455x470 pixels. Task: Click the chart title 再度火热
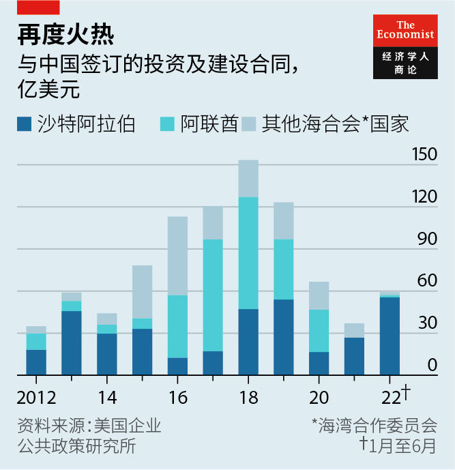(57, 33)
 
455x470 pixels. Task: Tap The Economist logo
(405, 46)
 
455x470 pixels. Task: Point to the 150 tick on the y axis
(424, 154)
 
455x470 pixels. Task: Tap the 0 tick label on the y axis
(432, 366)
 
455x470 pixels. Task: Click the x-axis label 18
(248, 398)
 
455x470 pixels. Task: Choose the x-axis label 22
(390, 398)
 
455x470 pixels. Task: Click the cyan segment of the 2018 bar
(248, 252)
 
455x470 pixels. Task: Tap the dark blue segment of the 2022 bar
(390, 336)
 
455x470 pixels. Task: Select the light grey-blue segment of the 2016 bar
(177, 256)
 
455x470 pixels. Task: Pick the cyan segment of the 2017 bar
(213, 295)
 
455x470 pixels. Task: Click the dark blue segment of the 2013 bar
(71, 342)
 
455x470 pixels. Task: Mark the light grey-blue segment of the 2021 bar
(354, 330)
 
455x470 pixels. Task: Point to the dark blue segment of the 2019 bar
(283, 337)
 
